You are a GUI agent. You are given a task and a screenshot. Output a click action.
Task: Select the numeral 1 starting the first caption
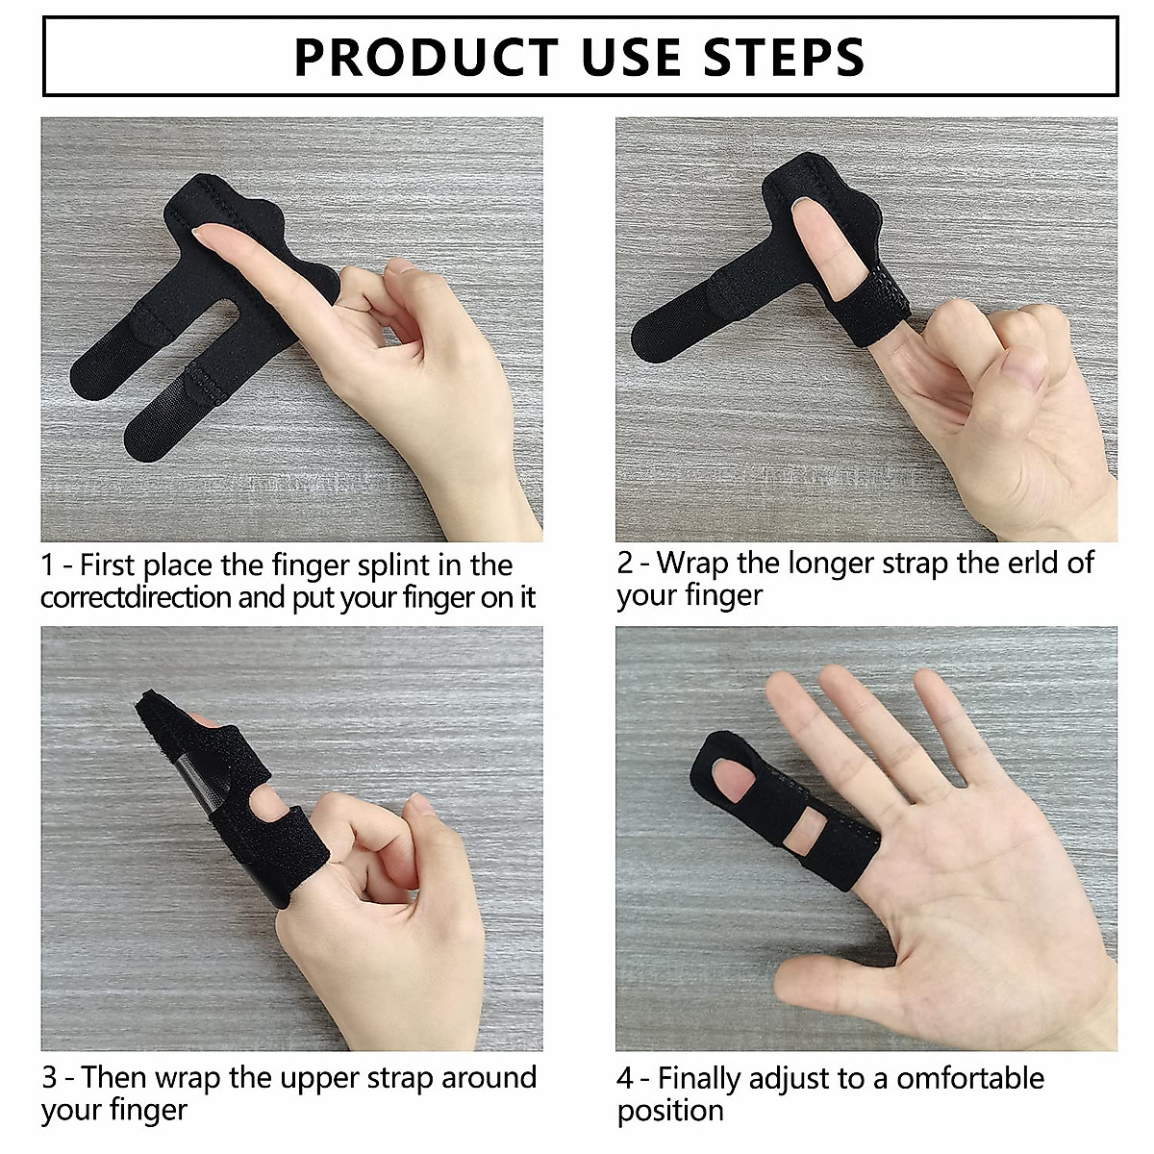click(47, 565)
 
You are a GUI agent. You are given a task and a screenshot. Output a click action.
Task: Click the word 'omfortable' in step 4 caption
click(970, 1078)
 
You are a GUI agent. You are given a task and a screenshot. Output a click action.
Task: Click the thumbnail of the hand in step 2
click(1021, 364)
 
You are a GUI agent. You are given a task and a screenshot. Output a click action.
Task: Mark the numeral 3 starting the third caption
click(49, 1078)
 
